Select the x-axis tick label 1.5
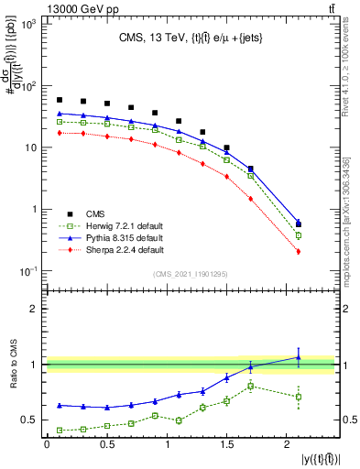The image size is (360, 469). (227, 443)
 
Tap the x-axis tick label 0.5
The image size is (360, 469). (106, 443)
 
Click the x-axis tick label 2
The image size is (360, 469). (288, 443)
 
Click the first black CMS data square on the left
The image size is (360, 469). (60, 100)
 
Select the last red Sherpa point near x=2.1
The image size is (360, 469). (300, 251)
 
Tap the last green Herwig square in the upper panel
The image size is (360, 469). (300, 235)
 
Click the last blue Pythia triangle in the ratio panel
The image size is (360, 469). (300, 357)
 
